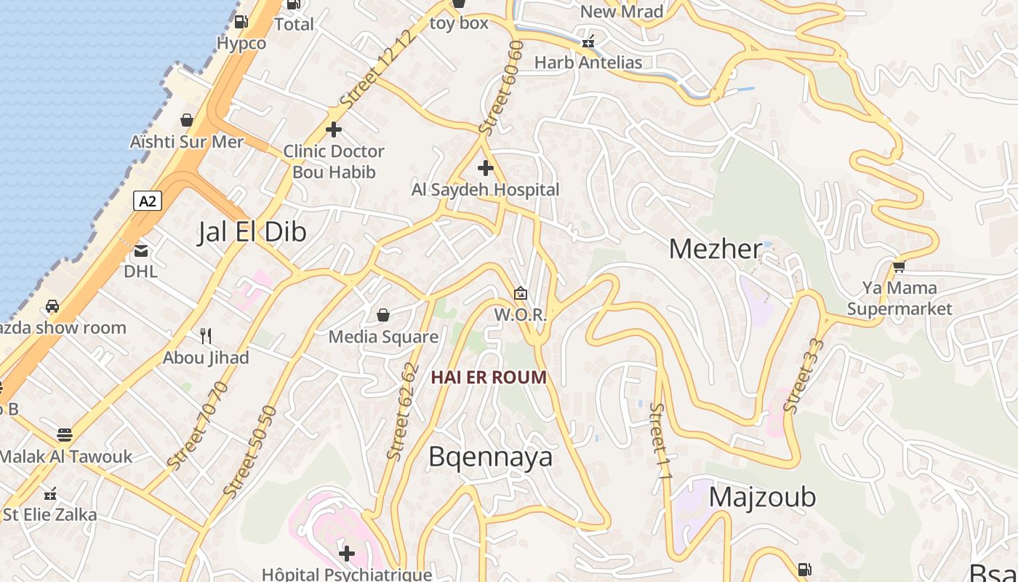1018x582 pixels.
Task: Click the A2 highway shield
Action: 147,201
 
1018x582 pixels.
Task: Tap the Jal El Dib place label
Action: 252,232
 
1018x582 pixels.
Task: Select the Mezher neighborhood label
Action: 715,250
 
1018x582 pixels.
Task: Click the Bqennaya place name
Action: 490,457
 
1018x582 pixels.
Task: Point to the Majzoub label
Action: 762,497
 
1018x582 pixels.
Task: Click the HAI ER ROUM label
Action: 489,378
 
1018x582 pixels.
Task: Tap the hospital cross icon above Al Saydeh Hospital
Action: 485,169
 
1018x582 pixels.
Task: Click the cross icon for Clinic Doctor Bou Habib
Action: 334,129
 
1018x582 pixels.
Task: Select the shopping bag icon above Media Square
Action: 383,315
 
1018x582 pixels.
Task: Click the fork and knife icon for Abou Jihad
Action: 206,335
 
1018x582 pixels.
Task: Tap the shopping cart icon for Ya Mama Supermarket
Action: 899,267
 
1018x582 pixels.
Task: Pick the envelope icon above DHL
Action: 140,251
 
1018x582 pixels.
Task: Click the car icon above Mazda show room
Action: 52,306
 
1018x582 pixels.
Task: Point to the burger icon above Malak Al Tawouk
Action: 65,435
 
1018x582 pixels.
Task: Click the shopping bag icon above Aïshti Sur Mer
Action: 187,120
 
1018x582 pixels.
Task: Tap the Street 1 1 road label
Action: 660,441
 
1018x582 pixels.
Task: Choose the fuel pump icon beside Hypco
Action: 242,22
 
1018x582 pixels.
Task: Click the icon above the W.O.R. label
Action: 520,294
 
